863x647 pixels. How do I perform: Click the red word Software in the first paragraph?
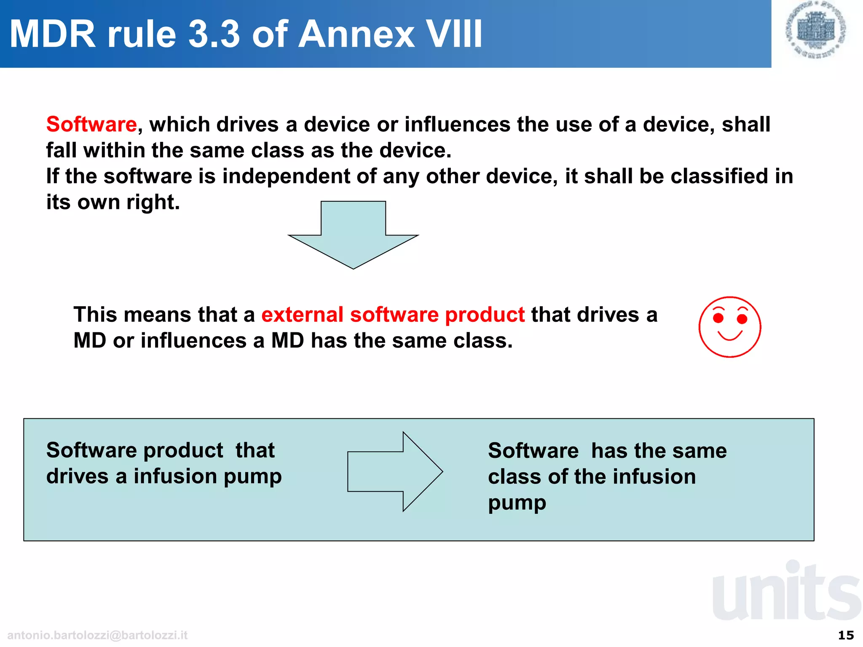(x=91, y=124)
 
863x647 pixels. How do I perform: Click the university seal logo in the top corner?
(x=816, y=29)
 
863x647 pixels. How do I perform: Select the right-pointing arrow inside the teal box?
(x=395, y=471)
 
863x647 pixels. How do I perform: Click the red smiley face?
(x=730, y=327)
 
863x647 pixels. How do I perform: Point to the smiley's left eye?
(x=718, y=318)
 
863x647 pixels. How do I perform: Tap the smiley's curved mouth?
(x=730, y=336)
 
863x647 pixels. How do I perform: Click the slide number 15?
(x=846, y=635)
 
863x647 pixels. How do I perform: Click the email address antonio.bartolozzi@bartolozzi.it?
(x=97, y=635)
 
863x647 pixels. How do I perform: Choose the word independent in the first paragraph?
(x=286, y=176)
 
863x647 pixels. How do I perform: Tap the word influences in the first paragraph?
(x=457, y=124)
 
